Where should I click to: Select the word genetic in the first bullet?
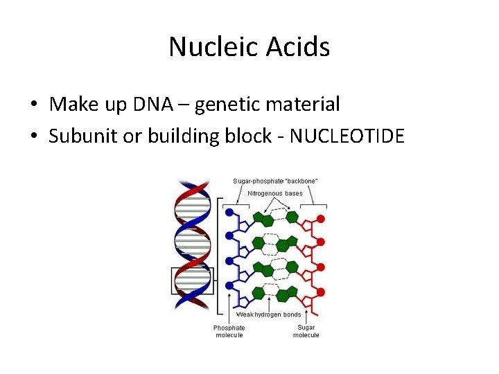point(231,105)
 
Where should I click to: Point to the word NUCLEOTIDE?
point(347,136)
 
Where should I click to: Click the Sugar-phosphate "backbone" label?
point(275,181)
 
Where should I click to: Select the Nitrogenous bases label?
point(275,193)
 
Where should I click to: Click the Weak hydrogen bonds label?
point(270,314)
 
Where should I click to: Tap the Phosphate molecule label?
point(229,331)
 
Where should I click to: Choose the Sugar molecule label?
point(306,331)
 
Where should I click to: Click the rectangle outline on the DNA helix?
point(193,280)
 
